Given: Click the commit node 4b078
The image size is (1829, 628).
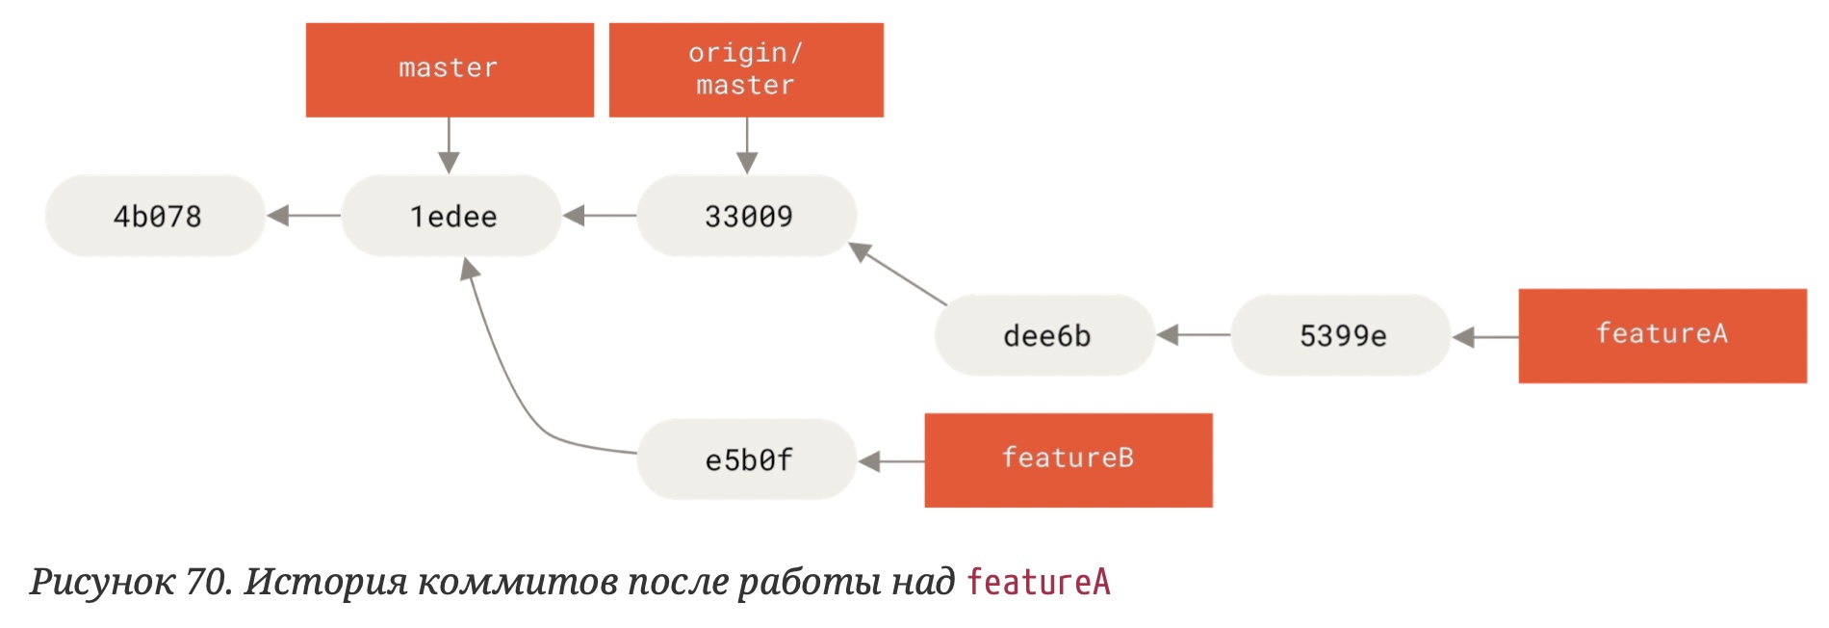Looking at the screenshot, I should pos(155,216).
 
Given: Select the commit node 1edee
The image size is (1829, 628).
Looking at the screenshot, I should pos(451,216).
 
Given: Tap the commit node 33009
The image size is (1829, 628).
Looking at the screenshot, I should pos(747,216).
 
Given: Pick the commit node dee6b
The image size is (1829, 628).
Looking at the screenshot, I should pos(1044,335).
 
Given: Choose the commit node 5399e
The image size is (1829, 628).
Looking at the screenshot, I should pos(1341,335).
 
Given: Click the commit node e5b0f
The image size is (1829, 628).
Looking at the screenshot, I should pos(747,459).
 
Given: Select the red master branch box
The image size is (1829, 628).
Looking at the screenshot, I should pos(450,69).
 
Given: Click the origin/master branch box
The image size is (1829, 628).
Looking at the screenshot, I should pos(746,69).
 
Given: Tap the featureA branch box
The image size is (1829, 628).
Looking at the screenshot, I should pos(1662,335).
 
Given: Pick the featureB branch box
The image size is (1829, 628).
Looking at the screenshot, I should pos(1069,459).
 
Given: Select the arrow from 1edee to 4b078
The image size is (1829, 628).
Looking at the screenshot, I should pos(303,216).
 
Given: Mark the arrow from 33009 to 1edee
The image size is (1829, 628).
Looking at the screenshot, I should pos(599,216).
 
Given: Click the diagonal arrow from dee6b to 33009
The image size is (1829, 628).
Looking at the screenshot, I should pos(898,275).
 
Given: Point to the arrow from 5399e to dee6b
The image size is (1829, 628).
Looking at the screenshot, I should pos(1193,335).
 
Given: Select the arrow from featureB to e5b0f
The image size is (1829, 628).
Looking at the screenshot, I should pos(890,461).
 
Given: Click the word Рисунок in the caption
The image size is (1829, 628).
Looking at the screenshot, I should pos(102,583).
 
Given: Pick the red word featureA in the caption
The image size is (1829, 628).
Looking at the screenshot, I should pos(1038,583).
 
